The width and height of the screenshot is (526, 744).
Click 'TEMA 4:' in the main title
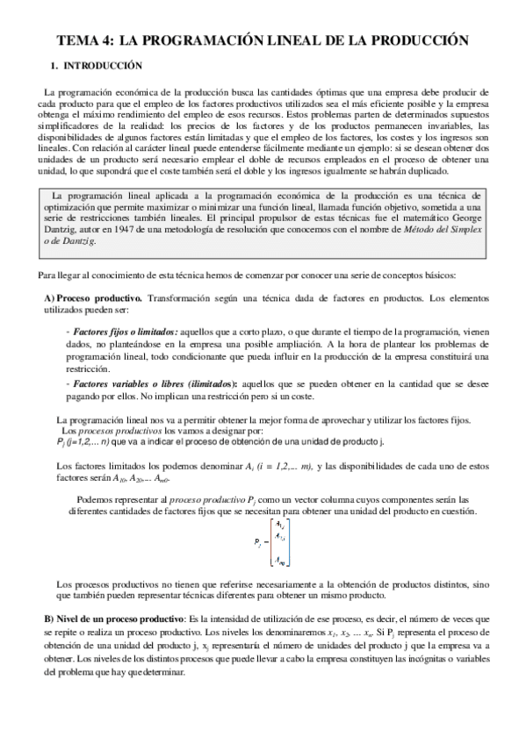click(86, 39)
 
